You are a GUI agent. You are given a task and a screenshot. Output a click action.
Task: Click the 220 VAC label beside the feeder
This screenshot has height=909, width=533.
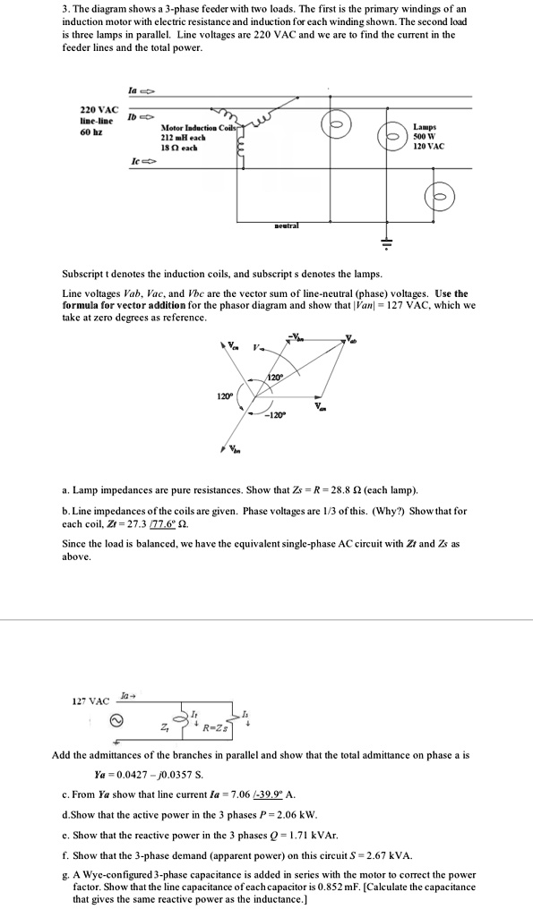tap(96, 110)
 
